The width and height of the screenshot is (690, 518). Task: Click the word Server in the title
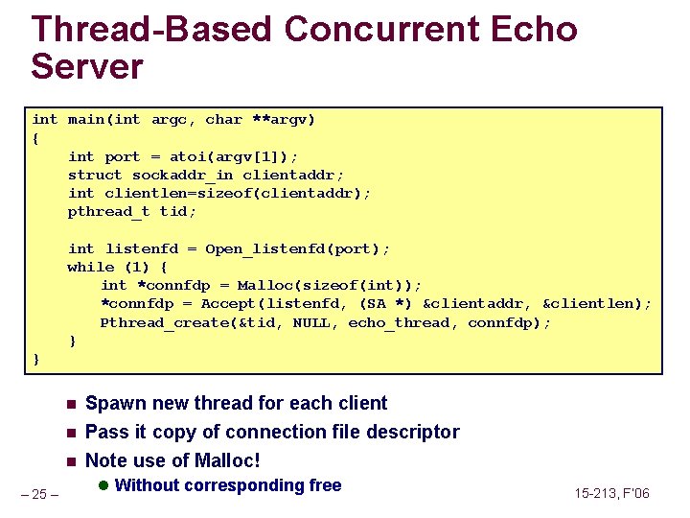[87, 67]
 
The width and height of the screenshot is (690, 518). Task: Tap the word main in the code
[86, 120]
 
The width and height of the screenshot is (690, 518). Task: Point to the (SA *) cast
[386, 304]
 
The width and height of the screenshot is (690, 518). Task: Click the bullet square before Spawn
[70, 404]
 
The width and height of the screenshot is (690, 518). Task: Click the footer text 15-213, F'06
[611, 493]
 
